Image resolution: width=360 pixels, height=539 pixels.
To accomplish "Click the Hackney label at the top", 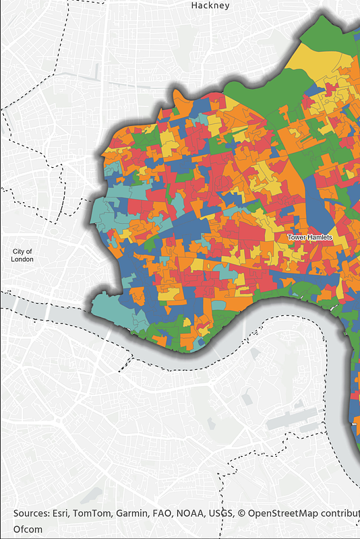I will pyautogui.click(x=210, y=5).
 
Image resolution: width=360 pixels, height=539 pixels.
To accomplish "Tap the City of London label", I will pyautogui.click(x=22, y=255).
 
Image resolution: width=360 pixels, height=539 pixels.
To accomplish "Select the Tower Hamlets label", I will pyautogui.click(x=309, y=237).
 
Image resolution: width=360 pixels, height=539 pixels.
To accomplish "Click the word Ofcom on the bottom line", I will pyautogui.click(x=28, y=530).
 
